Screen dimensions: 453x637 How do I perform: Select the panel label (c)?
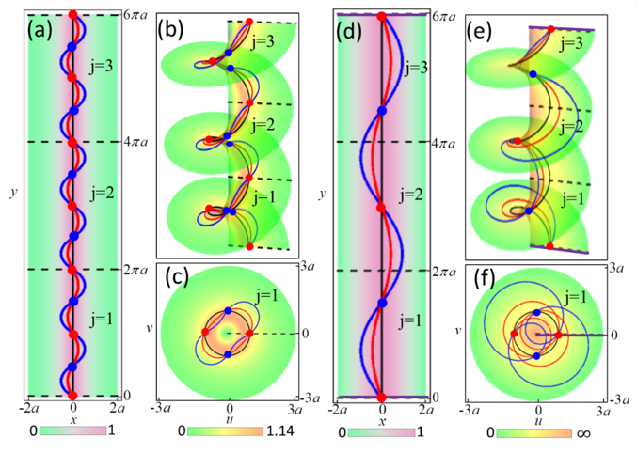(x=179, y=279)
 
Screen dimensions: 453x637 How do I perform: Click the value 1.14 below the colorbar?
(x=282, y=434)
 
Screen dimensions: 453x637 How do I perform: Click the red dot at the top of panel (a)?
(x=73, y=16)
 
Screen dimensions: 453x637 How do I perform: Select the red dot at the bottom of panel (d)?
(x=382, y=396)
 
